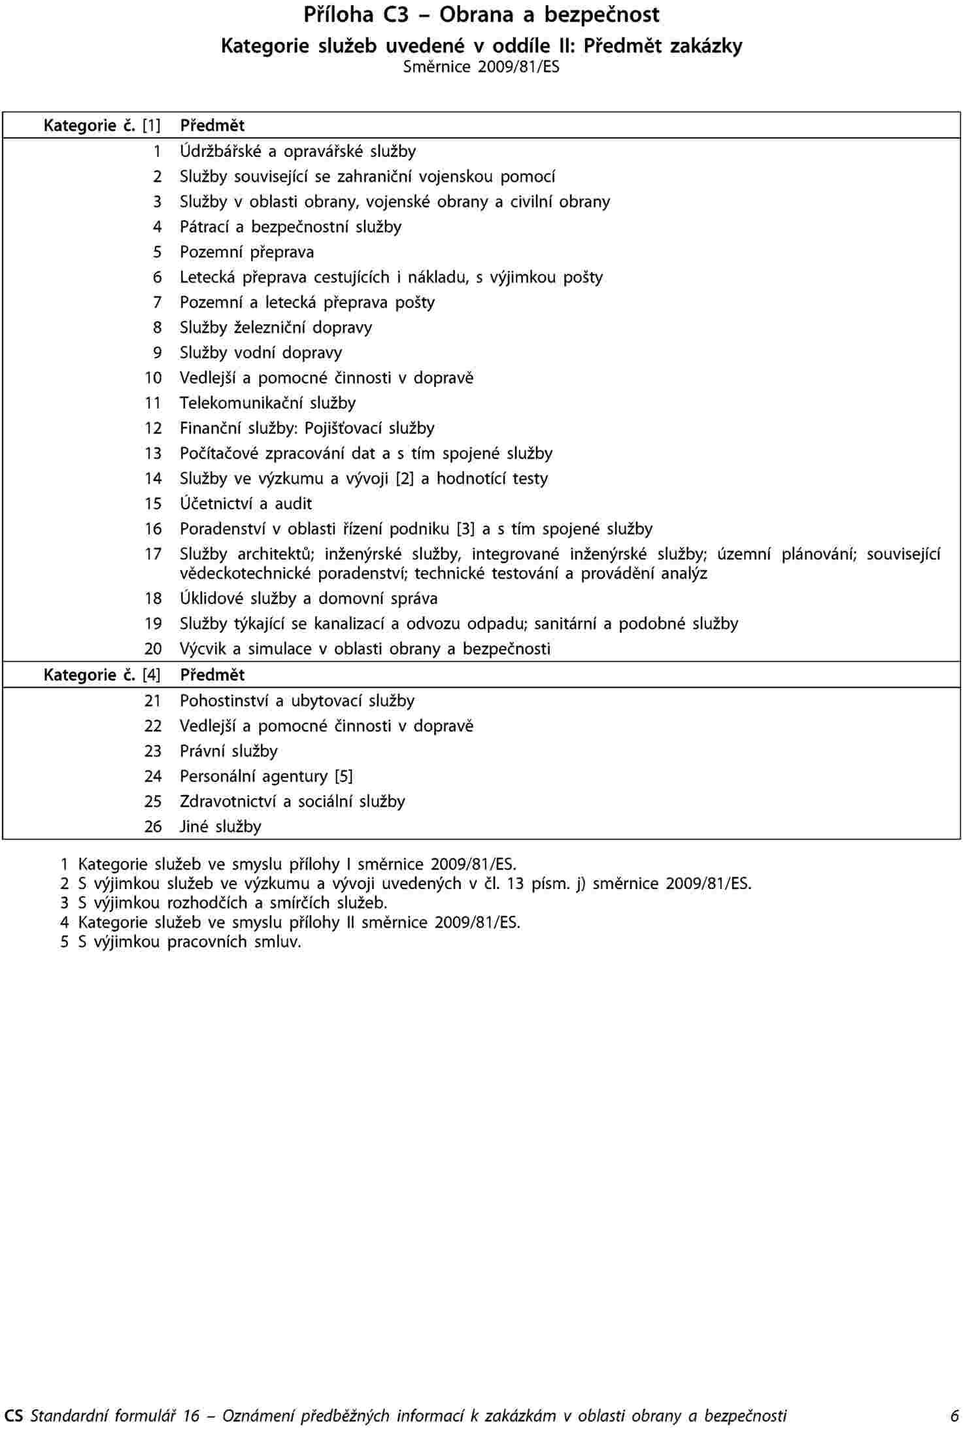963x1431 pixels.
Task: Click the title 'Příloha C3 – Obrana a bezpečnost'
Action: click(x=481, y=15)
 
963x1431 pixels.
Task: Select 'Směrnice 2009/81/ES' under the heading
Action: click(x=481, y=67)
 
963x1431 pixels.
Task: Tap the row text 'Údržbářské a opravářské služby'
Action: click(x=297, y=151)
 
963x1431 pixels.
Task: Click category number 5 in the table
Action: click(x=157, y=252)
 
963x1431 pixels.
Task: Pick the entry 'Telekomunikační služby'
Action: click(x=268, y=403)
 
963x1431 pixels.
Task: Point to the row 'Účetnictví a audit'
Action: click(x=246, y=503)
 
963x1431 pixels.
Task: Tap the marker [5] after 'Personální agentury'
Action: click(x=343, y=776)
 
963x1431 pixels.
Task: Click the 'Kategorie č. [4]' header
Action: click(x=102, y=675)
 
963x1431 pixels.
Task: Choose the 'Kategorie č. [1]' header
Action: click(x=102, y=125)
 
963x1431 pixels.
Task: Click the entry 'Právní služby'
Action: click(x=229, y=751)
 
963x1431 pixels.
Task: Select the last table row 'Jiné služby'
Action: click(x=220, y=826)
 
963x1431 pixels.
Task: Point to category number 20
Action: click(x=153, y=648)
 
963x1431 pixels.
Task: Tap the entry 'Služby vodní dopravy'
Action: click(x=261, y=352)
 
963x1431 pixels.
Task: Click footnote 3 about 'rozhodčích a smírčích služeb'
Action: click(x=232, y=903)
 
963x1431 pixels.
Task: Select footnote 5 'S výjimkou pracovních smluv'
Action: click(x=189, y=941)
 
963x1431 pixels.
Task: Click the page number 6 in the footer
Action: click(x=955, y=1416)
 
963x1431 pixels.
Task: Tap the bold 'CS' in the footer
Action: click(x=14, y=1416)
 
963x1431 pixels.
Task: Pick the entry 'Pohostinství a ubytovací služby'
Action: click(x=297, y=701)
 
